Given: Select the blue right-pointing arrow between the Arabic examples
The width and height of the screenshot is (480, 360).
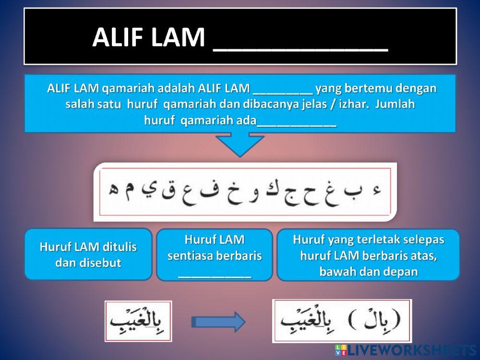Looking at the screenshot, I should tap(218, 322).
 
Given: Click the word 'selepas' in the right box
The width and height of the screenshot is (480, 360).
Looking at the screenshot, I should tap(423, 240).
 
